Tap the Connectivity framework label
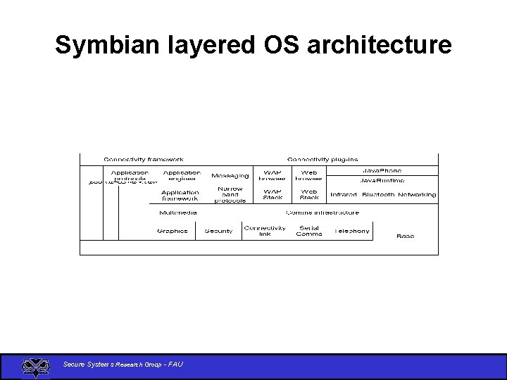pyautogui.click(x=144, y=160)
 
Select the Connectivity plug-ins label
pyautogui.click(x=323, y=160)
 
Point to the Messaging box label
pyautogui.click(x=230, y=176)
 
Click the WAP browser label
pyautogui.click(x=273, y=175)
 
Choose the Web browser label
pyautogui.click(x=309, y=175)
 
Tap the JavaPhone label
pyautogui.click(x=382, y=171)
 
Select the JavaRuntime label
pyautogui.click(x=382, y=181)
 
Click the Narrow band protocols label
pyautogui.click(x=230, y=194)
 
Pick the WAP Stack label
pyautogui.click(x=273, y=194)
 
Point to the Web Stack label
pyautogui.click(x=309, y=194)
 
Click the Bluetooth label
pyautogui.click(x=377, y=195)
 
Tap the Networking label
pyautogui.click(x=417, y=195)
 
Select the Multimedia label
pyautogui.click(x=178, y=213)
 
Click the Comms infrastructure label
pyautogui.click(x=323, y=213)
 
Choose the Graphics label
pyautogui.click(x=173, y=231)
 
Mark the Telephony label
pyautogui.click(x=352, y=231)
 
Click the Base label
pyautogui.click(x=406, y=236)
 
